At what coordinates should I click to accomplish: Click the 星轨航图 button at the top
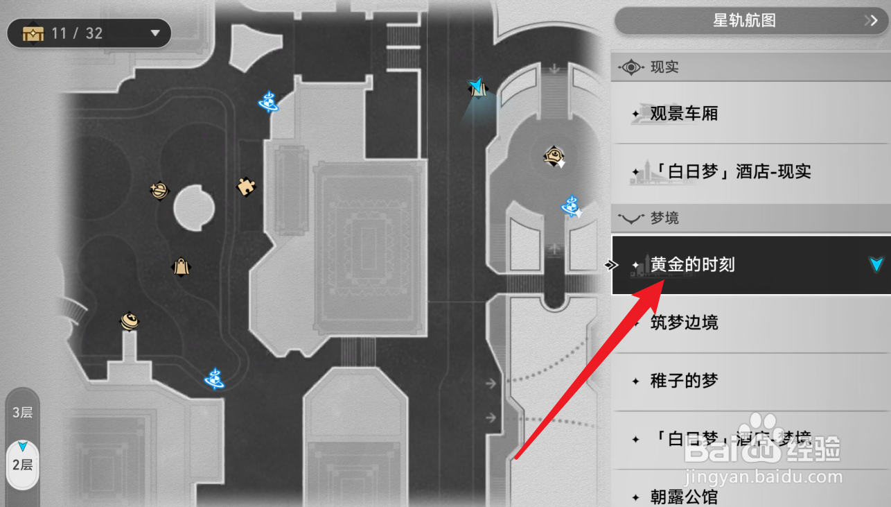(x=745, y=21)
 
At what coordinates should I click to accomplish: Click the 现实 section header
(x=664, y=67)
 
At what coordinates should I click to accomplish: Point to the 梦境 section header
(x=664, y=218)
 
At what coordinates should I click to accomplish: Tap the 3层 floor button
(x=22, y=413)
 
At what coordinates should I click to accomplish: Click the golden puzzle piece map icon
(x=245, y=186)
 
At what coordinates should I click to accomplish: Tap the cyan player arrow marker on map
(x=476, y=87)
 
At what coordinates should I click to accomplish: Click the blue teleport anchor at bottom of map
(x=215, y=379)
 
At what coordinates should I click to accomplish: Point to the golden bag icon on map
(x=181, y=266)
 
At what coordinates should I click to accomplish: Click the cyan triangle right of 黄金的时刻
(x=876, y=264)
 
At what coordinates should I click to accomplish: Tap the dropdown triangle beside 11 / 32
(x=155, y=33)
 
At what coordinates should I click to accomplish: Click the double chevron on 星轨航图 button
(x=870, y=21)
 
